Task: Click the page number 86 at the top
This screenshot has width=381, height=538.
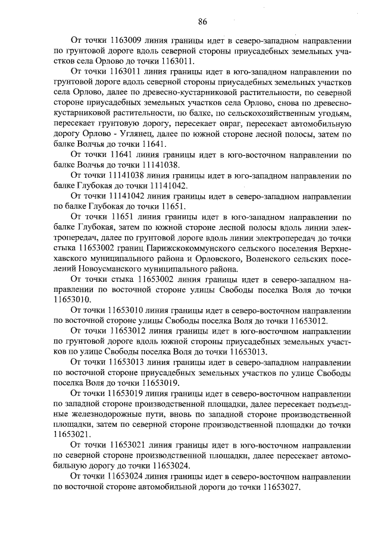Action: (x=202, y=22)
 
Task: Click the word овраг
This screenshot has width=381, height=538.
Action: (x=252, y=125)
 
